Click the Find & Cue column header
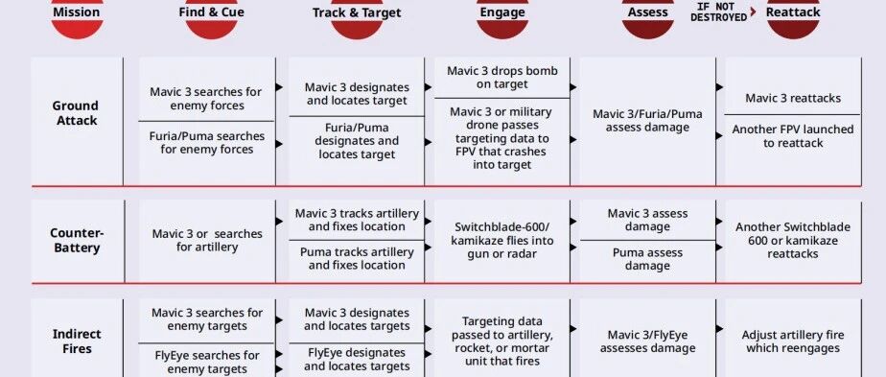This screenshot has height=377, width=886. click(211, 12)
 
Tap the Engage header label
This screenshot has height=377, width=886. click(502, 12)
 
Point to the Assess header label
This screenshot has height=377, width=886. click(647, 12)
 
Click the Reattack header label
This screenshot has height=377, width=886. click(793, 12)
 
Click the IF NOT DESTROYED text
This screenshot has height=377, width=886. click(719, 12)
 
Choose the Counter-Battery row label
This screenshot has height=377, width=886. click(77, 240)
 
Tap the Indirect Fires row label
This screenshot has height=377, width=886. click(77, 341)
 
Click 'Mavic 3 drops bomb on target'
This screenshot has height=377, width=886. click(502, 78)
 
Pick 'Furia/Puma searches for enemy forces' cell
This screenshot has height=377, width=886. click(207, 142)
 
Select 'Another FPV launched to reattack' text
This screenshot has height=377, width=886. click(793, 136)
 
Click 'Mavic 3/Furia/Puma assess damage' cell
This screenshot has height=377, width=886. click(647, 121)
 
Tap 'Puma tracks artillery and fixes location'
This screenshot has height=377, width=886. click(357, 258)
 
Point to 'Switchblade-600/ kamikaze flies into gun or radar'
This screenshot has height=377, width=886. click(502, 240)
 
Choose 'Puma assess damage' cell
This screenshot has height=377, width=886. click(647, 259)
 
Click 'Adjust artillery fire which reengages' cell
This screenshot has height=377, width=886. click(793, 342)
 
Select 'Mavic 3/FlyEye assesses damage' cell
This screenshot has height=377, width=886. click(647, 342)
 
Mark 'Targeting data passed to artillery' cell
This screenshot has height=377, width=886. click(502, 341)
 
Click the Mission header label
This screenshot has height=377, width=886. click(77, 12)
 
